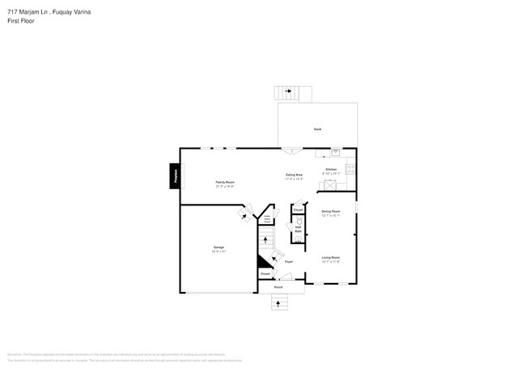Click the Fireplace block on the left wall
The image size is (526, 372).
click(174, 176)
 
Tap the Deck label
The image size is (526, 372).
click(318, 129)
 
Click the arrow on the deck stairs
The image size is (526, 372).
click(287, 91)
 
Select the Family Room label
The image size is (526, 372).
click(225, 184)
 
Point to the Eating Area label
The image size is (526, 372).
click(294, 176)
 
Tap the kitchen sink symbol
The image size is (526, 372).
click(336, 151)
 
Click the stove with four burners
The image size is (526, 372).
click(350, 169)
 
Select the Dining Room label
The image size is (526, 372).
click(331, 213)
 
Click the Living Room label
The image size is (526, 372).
click(331, 259)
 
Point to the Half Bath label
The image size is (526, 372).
click(298, 230)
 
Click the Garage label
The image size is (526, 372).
click(218, 248)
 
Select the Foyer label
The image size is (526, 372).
click(288, 262)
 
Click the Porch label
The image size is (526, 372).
click(278, 287)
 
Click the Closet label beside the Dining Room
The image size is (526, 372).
click(298, 210)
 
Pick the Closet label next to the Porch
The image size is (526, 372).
click(265, 275)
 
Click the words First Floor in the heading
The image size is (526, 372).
click(21, 20)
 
